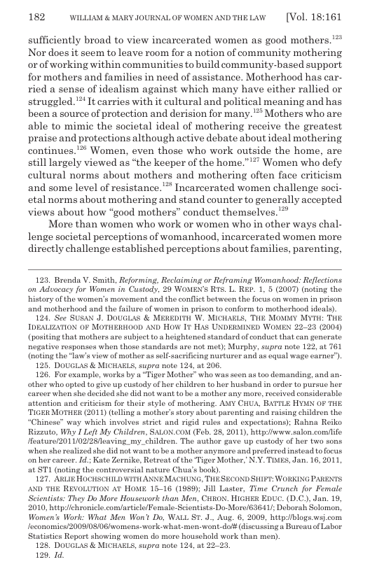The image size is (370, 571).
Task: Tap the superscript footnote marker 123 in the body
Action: click(334, 46)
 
